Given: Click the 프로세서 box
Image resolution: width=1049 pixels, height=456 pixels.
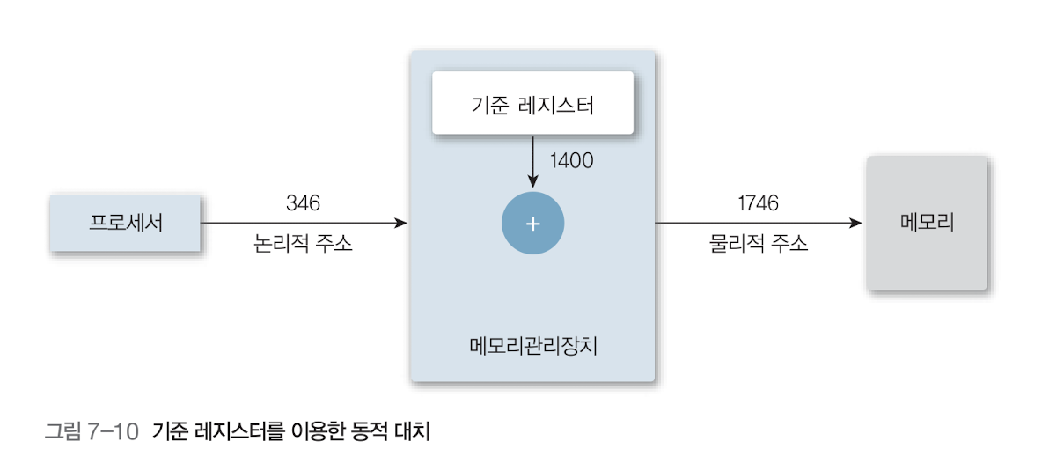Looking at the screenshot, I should [x=126, y=223].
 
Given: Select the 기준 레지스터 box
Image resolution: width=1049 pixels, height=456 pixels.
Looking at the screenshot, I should [x=532, y=103].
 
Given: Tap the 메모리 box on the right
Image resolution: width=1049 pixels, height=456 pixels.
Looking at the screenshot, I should [x=927, y=223].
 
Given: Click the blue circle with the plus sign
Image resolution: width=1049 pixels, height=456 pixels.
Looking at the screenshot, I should [x=532, y=224].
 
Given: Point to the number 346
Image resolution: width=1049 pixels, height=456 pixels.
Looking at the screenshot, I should [x=303, y=203].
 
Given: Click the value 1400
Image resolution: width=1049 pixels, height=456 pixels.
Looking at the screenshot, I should [x=571, y=160].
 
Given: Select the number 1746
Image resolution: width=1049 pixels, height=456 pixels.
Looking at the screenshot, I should [x=758, y=203].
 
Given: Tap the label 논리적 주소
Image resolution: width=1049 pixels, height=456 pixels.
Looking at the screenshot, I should [x=303, y=244].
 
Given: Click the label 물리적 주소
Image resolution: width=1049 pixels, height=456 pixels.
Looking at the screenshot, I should [x=758, y=244].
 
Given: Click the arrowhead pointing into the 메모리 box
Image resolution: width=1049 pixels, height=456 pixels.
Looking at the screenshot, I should [x=856, y=224].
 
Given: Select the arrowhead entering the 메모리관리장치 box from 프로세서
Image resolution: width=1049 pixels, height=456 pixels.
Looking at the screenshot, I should [x=402, y=224].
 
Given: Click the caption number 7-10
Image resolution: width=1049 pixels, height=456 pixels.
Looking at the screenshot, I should [x=114, y=431].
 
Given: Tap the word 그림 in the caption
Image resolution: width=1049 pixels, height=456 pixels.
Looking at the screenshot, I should [x=63, y=431].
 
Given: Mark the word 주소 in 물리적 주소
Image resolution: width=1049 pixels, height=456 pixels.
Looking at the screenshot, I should [x=789, y=244].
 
